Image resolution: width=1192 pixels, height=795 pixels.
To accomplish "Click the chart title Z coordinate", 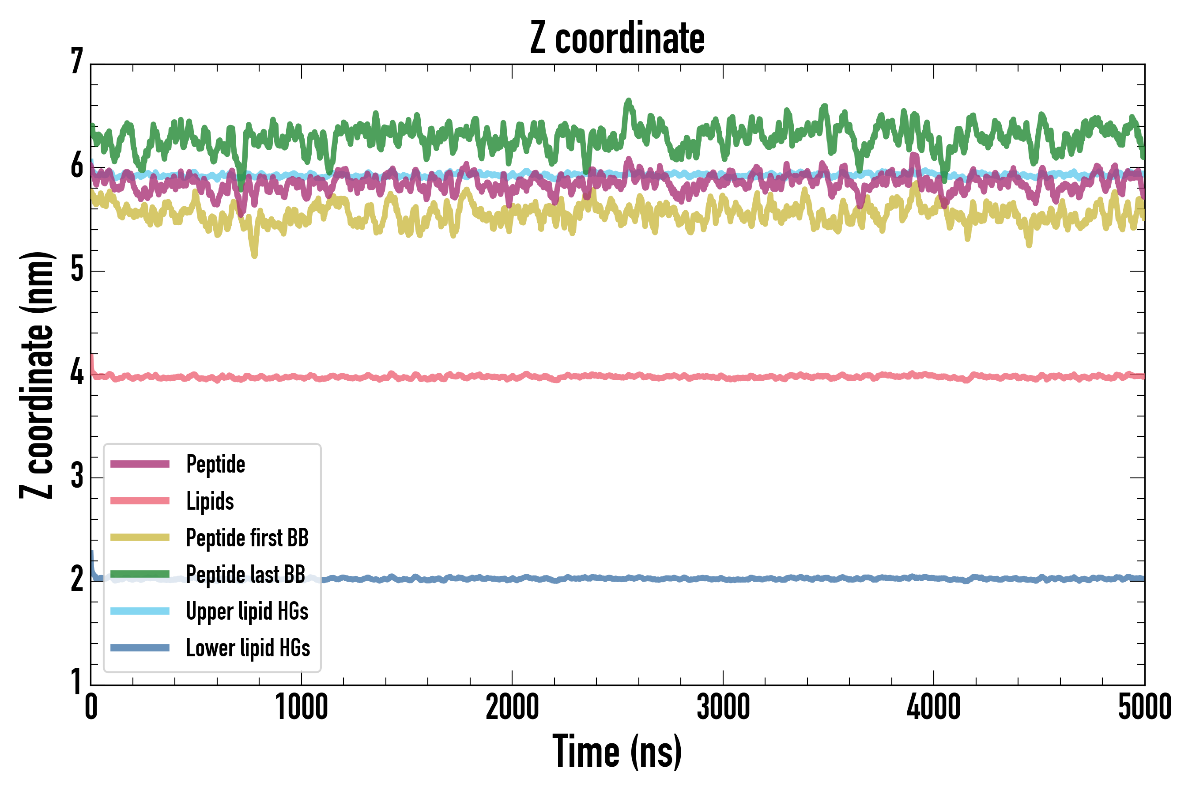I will click(x=617, y=38).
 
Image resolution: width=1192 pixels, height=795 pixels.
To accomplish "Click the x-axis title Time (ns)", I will click(x=617, y=751).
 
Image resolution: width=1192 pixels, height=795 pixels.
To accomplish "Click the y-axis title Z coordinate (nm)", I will click(x=37, y=375).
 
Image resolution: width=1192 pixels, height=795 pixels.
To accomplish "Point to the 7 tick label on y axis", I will click(x=76, y=61).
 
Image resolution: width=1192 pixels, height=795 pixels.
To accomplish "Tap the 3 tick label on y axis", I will click(x=76, y=476).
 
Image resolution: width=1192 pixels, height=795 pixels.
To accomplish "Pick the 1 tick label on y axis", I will click(x=76, y=682).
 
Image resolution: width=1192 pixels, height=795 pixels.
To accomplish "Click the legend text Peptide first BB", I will click(x=247, y=538).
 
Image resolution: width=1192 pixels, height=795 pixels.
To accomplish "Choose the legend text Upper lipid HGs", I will click(x=247, y=611).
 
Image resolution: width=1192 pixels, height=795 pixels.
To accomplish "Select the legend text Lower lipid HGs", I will click(x=248, y=648).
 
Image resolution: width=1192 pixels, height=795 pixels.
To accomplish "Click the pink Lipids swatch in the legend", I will click(x=140, y=501).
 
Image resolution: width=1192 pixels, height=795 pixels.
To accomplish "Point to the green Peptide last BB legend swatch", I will click(x=140, y=574).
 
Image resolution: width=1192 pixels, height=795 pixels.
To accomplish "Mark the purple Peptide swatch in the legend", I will click(x=140, y=464).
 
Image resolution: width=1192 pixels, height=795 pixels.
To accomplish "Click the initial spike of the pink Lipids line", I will click(x=92, y=357).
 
